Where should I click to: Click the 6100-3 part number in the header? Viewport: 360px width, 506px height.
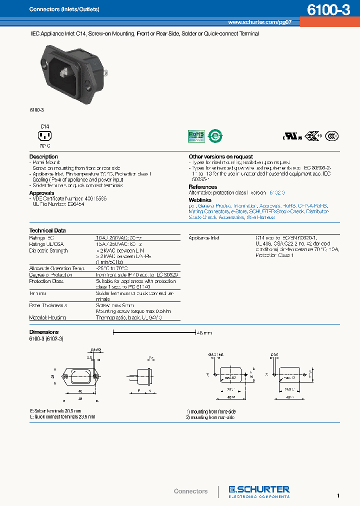point(328,9)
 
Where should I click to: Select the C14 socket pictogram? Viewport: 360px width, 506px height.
point(45,135)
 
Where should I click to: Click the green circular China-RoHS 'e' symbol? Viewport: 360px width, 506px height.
point(215,135)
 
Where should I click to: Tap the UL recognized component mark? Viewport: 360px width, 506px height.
point(291,136)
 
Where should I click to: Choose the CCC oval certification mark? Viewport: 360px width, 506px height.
point(331,135)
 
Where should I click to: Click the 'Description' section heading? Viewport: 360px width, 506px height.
point(43,156)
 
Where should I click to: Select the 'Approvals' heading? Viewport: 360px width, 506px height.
point(41,193)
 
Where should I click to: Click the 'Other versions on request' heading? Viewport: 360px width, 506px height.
point(220,156)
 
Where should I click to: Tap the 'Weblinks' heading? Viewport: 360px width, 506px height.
point(199,199)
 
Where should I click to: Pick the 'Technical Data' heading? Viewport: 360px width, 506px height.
point(47,230)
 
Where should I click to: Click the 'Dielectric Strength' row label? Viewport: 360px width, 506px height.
point(48,250)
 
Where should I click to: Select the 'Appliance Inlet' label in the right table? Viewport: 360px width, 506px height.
point(204,238)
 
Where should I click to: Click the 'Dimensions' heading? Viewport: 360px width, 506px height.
point(44,332)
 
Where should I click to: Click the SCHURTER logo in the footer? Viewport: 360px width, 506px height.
point(259,490)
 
